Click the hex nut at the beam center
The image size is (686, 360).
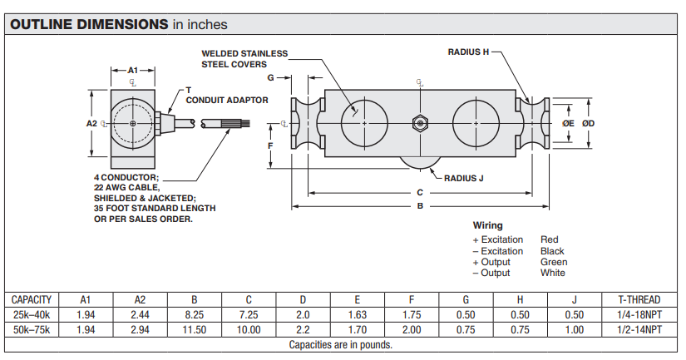(420, 124)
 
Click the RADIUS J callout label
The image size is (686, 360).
(463, 178)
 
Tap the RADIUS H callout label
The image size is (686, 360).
(468, 52)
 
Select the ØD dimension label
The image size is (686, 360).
(588, 123)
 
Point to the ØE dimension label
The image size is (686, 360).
(568, 123)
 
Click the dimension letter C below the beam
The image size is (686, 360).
(420, 192)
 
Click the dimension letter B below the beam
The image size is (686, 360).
(420, 205)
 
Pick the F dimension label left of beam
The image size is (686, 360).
(270, 146)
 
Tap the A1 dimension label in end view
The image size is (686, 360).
(132, 70)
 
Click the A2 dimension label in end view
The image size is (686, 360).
(91, 123)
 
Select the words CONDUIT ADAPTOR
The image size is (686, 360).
(227, 100)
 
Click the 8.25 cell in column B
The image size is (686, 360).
(195, 315)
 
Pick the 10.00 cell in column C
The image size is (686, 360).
(249, 330)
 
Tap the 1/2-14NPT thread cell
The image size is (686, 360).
(639, 330)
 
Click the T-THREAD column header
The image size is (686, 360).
(639, 299)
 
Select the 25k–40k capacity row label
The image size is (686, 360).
(32, 315)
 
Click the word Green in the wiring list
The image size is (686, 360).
(554, 262)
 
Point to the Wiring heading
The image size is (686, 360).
(487, 225)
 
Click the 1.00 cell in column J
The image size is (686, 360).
(574, 330)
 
